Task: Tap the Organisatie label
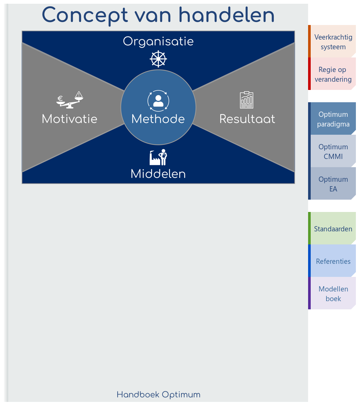coord(158,41)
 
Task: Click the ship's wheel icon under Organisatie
coord(158,59)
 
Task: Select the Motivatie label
coord(69,119)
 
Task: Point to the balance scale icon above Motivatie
coord(70,100)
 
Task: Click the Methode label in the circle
coord(158,119)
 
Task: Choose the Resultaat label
coord(247,119)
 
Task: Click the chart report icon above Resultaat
coord(246,100)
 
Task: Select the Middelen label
coord(158,174)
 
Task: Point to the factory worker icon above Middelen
coord(158,157)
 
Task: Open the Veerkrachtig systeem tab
coord(333,42)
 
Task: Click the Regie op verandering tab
coord(333,74)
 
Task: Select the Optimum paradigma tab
coord(333,119)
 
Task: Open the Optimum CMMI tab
coord(333,152)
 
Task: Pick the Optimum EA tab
coord(333,184)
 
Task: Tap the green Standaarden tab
coord(333,229)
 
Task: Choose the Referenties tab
coord(333,261)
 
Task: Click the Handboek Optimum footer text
coord(158,395)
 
